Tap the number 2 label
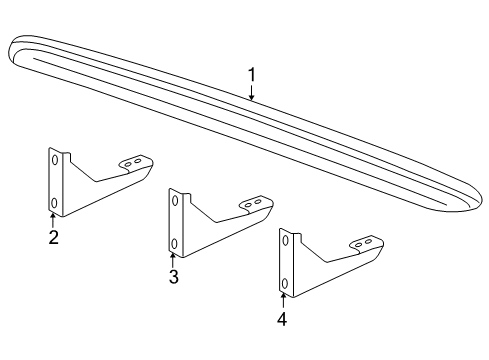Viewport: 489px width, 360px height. [53, 237]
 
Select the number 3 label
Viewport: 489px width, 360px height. [173, 277]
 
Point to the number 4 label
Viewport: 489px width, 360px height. [282, 319]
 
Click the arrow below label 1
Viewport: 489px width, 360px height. [252, 92]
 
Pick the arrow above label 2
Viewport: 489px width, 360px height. [53, 219]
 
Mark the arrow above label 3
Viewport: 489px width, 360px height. [173, 258]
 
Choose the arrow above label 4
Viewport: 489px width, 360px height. [283, 299]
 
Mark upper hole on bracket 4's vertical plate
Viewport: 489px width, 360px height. [284, 240]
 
